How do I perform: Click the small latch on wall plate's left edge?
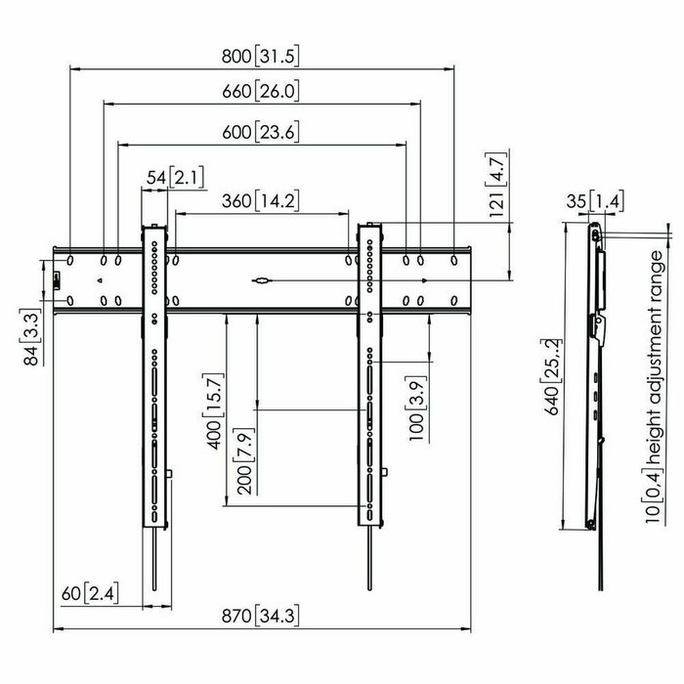click(x=56, y=280)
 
